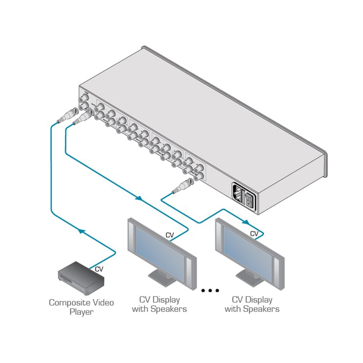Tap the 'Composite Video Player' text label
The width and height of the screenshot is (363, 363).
[81, 307]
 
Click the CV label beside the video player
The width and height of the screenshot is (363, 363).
[99, 269]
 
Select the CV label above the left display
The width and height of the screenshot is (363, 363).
[170, 235]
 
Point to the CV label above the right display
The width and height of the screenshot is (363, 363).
[254, 234]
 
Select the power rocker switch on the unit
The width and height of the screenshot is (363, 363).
[249, 200]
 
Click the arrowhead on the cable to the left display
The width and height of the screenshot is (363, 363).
[139, 198]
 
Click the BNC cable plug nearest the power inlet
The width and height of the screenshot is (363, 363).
[181, 187]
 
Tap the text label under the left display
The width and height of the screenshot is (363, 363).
[159, 304]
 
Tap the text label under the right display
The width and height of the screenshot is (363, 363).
[252, 304]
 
